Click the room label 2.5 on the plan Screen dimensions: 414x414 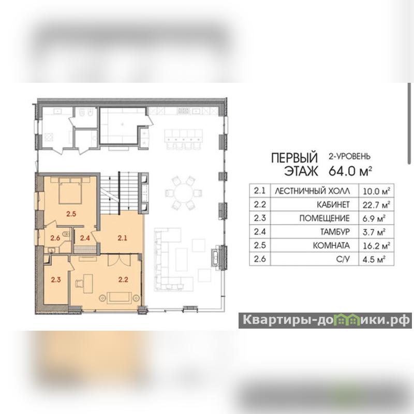point(71,214)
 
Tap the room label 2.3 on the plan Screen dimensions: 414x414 point(56,279)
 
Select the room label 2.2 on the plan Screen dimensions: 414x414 point(123,279)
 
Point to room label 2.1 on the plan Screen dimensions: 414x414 point(123,238)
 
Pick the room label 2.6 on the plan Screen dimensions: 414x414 point(55,238)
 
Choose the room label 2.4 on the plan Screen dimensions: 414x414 point(85,238)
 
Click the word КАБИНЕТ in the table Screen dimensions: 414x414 point(333,204)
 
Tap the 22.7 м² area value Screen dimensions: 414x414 point(376,204)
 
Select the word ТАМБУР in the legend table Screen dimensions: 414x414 point(335,232)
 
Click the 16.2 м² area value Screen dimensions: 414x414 point(376,245)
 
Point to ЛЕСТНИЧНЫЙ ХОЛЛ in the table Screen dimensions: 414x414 point(313,191)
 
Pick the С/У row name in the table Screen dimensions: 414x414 point(343,259)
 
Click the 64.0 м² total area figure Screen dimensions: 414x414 point(350,171)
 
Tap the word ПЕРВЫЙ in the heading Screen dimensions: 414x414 point(294,158)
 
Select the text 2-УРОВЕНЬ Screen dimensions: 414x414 point(349,156)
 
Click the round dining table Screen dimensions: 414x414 point(184,193)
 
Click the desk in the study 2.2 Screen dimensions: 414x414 point(88,284)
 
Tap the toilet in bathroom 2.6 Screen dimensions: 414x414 point(66,234)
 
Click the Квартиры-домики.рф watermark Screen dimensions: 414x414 point(326,320)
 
